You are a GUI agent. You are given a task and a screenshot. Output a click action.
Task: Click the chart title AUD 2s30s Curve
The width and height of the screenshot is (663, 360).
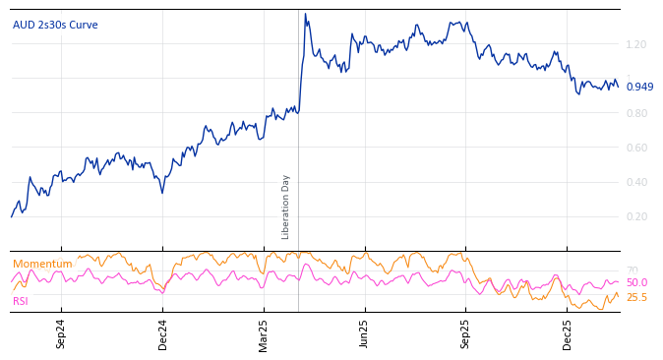tap(55, 25)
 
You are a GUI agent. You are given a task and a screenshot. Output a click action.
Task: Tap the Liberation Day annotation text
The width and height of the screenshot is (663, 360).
tap(286, 207)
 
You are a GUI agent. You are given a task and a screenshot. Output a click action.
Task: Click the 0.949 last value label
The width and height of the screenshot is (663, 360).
tap(639, 87)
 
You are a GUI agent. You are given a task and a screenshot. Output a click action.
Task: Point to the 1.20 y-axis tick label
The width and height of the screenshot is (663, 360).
tap(635, 44)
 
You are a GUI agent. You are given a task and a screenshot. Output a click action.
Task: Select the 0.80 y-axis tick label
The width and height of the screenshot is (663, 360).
tap(635, 113)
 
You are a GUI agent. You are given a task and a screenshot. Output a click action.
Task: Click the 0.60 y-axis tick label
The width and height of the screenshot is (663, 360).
tap(635, 148)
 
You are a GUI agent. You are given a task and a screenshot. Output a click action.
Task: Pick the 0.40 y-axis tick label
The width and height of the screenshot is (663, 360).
tap(635, 182)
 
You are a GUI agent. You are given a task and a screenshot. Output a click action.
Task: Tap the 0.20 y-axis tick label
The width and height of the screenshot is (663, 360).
tap(635, 216)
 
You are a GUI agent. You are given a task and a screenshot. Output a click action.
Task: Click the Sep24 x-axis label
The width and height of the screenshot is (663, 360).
tap(61, 333)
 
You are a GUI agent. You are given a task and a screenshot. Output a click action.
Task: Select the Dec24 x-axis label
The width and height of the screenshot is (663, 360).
tap(163, 333)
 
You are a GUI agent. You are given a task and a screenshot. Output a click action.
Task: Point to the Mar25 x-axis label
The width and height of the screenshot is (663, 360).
tap(264, 333)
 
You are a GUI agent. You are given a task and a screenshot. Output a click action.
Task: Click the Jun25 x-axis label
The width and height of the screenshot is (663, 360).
tap(364, 333)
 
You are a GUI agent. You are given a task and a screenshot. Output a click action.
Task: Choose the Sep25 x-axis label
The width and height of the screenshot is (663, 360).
tap(465, 333)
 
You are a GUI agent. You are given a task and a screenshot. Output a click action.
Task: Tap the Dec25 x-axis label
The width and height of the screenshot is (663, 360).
tap(568, 333)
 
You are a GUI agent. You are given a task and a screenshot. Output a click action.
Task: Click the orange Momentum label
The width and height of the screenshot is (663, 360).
tap(42, 264)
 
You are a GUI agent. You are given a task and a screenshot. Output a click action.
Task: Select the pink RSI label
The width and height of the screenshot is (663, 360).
tap(21, 301)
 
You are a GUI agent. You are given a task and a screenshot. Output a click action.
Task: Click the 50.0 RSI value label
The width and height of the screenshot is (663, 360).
tap(636, 282)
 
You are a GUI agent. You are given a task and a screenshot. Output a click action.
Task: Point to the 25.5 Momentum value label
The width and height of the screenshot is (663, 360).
tap(636, 297)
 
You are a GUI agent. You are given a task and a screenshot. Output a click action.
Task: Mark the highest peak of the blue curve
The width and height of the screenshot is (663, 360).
tap(305, 14)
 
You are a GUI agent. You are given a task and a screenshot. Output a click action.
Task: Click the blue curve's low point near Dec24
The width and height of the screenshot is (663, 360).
tap(162, 192)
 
